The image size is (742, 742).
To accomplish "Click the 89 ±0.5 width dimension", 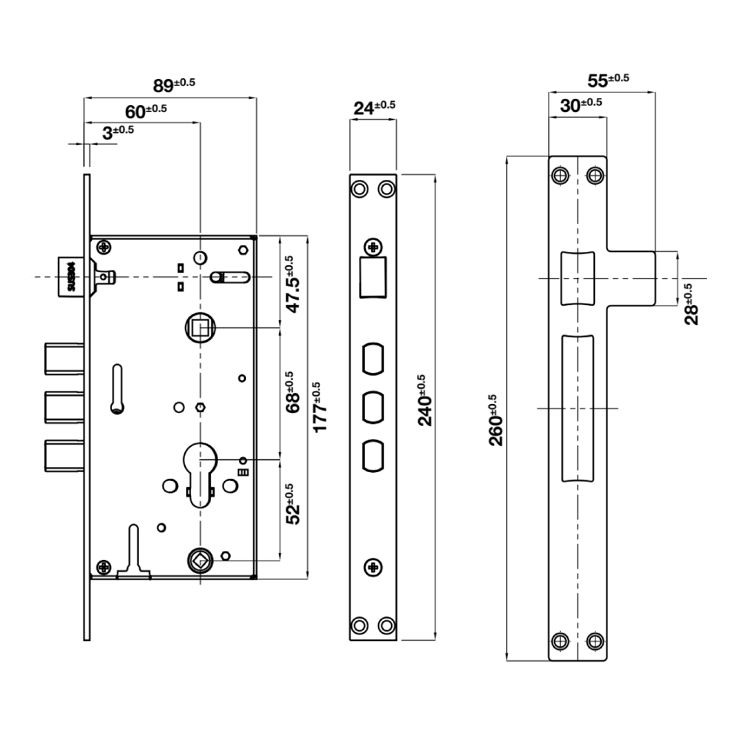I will [x=173, y=85].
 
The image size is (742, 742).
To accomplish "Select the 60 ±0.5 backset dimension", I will [x=145, y=111].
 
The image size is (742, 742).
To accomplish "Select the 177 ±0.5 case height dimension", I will [x=320, y=407].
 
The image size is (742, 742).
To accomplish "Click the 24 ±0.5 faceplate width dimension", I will [x=374, y=108].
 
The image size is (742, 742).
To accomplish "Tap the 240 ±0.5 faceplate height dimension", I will [x=425, y=400].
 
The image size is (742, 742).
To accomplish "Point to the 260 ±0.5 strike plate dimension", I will [x=497, y=420].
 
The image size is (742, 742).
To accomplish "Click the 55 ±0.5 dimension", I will [x=608, y=80].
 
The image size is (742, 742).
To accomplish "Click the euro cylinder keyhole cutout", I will [x=200, y=471].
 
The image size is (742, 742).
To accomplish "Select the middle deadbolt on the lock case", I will [x=65, y=406].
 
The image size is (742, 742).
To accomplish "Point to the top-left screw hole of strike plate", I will [x=560, y=176].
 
